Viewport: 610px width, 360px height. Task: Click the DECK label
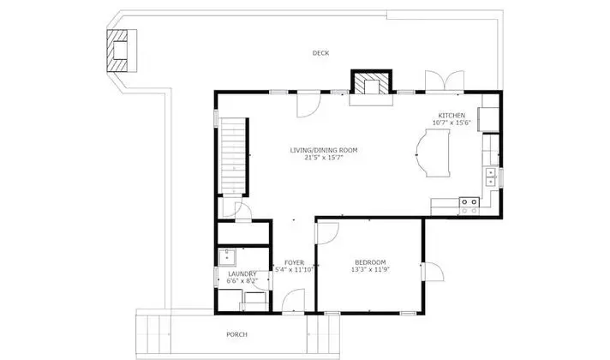(320, 53)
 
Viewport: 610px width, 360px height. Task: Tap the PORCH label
(236, 334)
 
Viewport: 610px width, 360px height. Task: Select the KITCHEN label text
(452, 116)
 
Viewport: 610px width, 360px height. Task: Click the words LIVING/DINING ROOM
(324, 150)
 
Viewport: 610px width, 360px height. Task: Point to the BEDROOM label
(370, 262)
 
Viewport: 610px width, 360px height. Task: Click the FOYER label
(294, 262)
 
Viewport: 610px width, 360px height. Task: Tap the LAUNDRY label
(242, 274)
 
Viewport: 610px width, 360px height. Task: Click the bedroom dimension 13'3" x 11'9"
(370, 269)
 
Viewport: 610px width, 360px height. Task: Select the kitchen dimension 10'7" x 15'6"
(452, 123)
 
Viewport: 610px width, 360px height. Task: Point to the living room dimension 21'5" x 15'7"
(324, 158)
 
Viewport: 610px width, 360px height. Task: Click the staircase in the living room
(233, 155)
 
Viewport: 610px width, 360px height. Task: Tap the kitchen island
(433, 153)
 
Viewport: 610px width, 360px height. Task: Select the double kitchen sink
(491, 177)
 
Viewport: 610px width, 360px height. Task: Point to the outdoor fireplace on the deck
(122, 51)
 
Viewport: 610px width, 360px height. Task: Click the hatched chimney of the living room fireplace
(372, 82)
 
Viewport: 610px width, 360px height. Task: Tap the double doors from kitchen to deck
(445, 81)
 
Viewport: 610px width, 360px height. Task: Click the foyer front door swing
(293, 300)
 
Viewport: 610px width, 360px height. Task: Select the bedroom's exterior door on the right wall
(432, 271)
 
